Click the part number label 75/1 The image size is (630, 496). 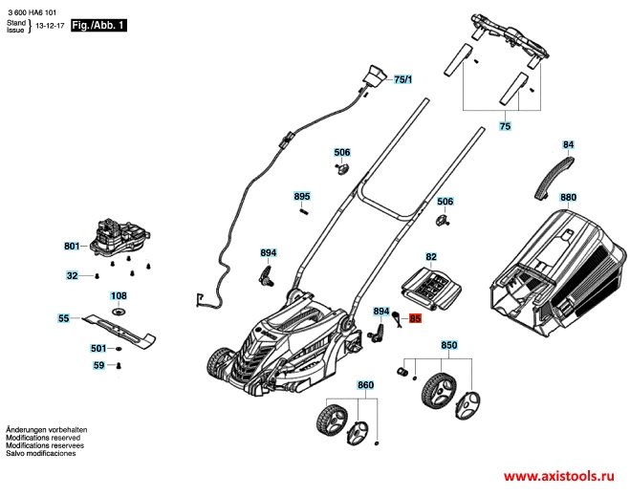[x=402, y=80]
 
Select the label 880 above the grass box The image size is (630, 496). [x=568, y=199]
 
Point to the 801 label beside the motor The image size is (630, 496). [x=72, y=247]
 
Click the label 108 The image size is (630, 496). [x=119, y=296]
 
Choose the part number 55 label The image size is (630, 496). [x=64, y=318]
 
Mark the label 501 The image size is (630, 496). [x=98, y=348]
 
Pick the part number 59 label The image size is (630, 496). [x=98, y=366]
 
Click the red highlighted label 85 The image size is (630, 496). [x=415, y=319]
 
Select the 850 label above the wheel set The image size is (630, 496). [x=448, y=344]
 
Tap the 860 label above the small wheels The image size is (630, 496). [x=365, y=385]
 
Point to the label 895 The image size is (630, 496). [x=302, y=197]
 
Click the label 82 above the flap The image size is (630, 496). [x=431, y=257]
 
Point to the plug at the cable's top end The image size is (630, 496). [x=374, y=74]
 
